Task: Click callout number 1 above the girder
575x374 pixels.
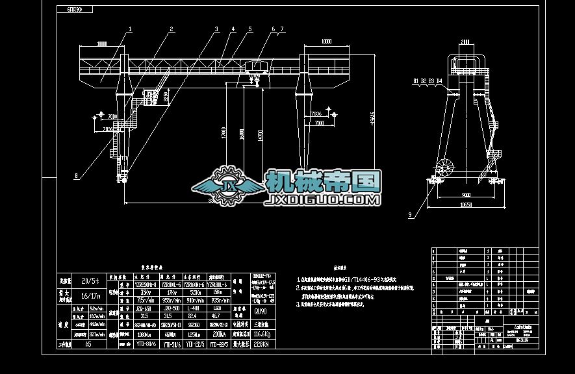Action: [130, 29]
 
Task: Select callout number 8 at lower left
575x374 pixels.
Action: [76, 175]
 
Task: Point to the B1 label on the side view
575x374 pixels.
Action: [414, 81]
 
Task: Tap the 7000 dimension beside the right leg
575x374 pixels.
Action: [318, 122]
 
